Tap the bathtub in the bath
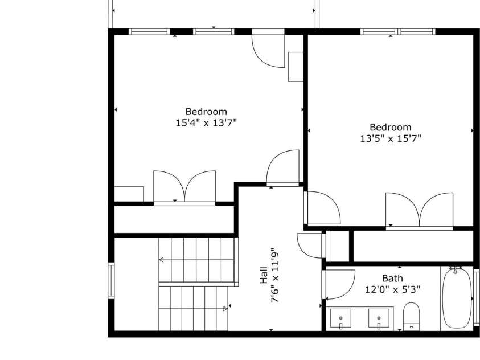click(x=456, y=298)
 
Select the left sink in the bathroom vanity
click(x=341, y=317)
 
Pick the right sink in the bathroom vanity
click(x=378, y=317)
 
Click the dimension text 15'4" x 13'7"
click(x=206, y=122)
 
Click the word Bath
click(x=392, y=278)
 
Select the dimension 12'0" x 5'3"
click(x=392, y=289)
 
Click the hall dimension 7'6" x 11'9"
click(x=276, y=276)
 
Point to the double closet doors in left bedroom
click(x=184, y=187)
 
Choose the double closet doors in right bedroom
click(x=420, y=211)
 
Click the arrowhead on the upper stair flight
click(x=161, y=260)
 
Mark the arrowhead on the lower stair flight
click(x=225, y=308)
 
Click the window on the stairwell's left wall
click(x=111, y=280)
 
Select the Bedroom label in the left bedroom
click(x=206, y=112)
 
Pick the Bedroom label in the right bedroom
click(x=390, y=127)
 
